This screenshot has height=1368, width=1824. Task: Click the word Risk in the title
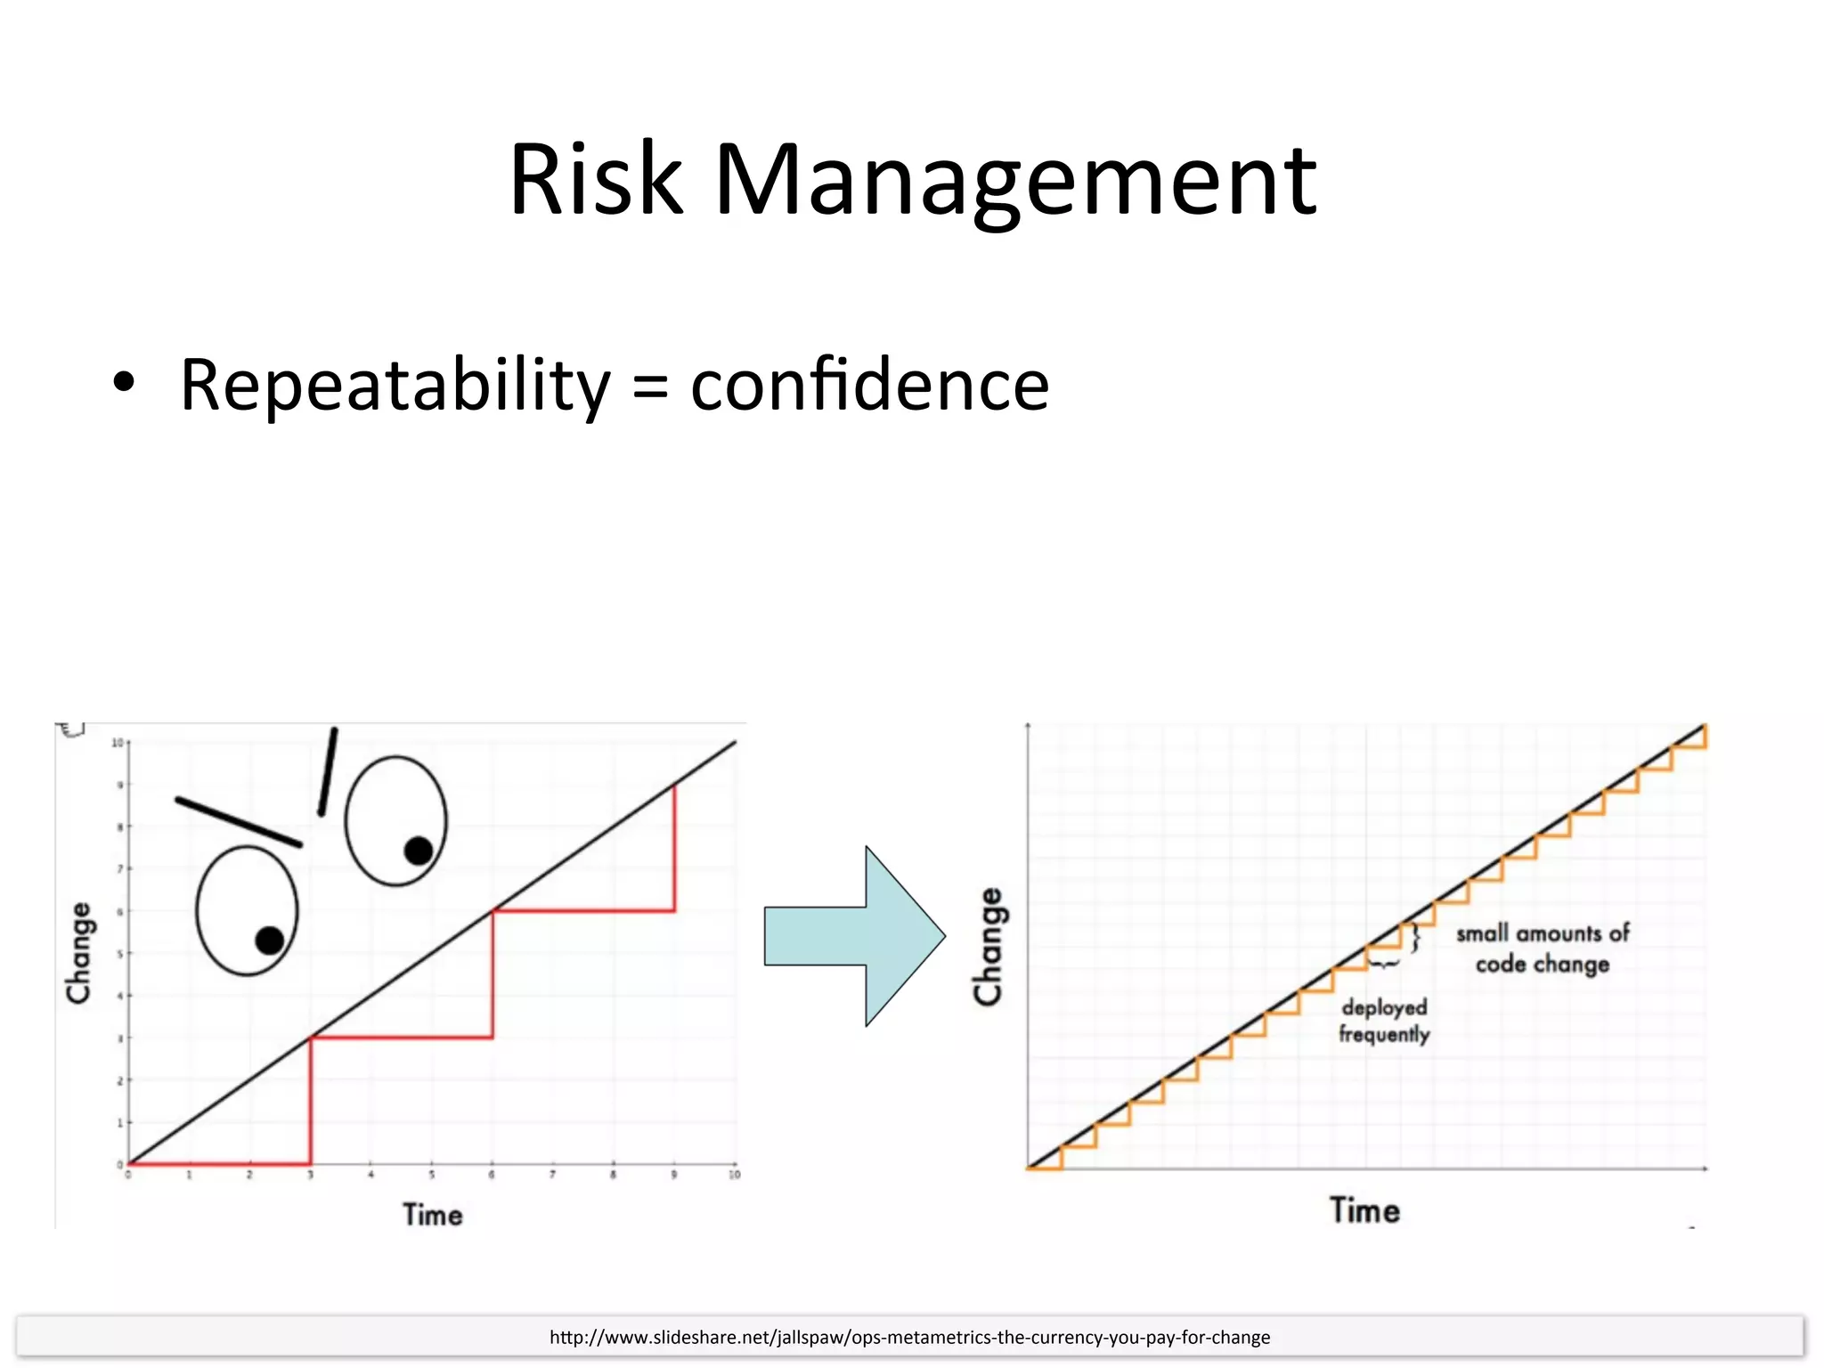tap(594, 180)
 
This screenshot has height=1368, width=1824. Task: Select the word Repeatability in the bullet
tap(395, 386)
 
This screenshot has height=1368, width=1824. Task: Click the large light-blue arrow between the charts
tap(855, 936)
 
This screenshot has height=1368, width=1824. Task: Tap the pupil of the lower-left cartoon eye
tap(269, 940)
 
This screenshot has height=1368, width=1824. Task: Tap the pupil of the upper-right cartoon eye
tap(418, 851)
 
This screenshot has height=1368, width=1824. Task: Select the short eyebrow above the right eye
tap(328, 771)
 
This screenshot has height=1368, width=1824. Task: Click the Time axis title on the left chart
tap(433, 1215)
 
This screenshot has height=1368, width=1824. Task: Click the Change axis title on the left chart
tap(79, 953)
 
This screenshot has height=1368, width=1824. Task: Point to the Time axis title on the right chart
tap(1364, 1211)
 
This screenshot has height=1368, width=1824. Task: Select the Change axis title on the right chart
tap(989, 947)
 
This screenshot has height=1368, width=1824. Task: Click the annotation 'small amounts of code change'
tap(1543, 949)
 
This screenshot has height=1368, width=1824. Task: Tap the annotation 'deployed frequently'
tap(1384, 1021)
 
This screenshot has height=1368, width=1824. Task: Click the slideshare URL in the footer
tap(909, 1337)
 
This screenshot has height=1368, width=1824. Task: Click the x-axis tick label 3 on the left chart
tap(310, 1176)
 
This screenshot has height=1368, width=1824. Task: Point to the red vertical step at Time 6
tap(493, 974)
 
